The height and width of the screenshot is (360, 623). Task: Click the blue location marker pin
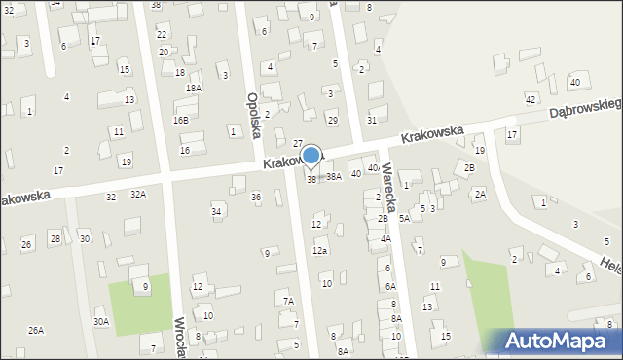pyautogui.click(x=311, y=157)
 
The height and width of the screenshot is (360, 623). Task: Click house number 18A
pyautogui.click(x=194, y=88)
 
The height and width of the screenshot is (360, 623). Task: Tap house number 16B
pyautogui.click(x=180, y=120)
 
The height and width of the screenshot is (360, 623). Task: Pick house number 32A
pyautogui.click(x=138, y=195)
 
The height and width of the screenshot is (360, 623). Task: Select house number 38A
pyautogui.click(x=334, y=177)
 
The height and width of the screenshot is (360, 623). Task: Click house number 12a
pyautogui.click(x=319, y=251)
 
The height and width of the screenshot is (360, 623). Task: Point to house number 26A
pyautogui.click(x=36, y=331)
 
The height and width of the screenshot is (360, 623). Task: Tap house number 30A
pyautogui.click(x=101, y=321)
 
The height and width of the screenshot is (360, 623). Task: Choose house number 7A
pyautogui.click(x=288, y=302)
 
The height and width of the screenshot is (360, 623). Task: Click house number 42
pyautogui.click(x=531, y=100)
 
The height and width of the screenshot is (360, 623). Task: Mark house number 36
pyautogui.click(x=256, y=198)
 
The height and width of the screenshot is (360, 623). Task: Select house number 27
pyautogui.click(x=298, y=143)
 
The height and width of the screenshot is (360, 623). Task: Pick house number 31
pyautogui.click(x=372, y=120)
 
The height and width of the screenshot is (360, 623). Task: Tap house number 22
pyautogui.click(x=162, y=34)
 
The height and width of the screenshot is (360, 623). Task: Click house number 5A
pyautogui.click(x=404, y=219)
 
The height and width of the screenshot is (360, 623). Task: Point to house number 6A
pyautogui.click(x=389, y=286)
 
